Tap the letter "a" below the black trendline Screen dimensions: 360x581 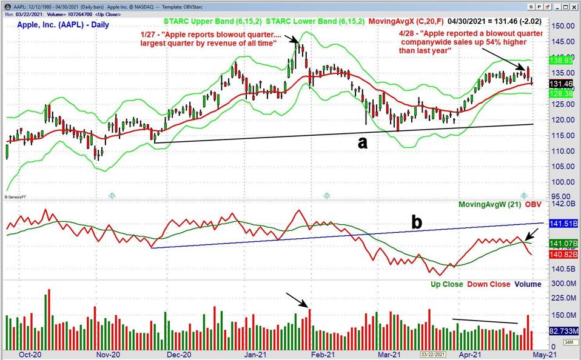click(x=362, y=142)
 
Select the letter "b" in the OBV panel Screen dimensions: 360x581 click(x=417, y=222)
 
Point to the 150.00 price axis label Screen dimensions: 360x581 click(x=563, y=26)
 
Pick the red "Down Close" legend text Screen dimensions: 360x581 click(x=488, y=284)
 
